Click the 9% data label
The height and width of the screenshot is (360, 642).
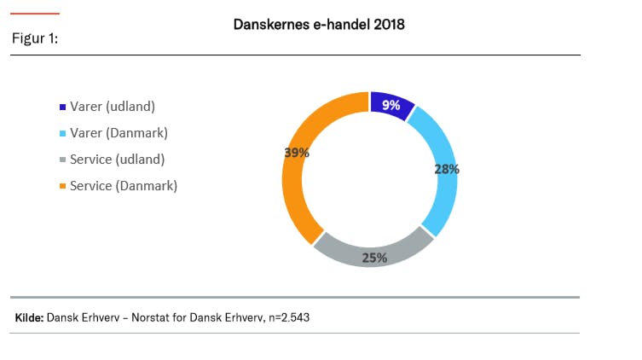coord(391,106)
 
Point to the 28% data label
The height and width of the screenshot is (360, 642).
coord(446,169)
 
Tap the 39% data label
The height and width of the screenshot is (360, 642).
coord(296,153)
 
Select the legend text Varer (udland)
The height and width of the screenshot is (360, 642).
coord(118,107)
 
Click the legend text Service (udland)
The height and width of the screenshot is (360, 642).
coord(117,159)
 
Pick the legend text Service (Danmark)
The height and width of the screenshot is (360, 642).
coord(124,185)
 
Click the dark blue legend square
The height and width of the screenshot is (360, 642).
coord(62,107)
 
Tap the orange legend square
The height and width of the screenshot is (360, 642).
coord(62,186)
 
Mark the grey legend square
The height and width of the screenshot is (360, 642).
coord(62,160)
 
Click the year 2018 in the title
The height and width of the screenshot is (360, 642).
coord(387,25)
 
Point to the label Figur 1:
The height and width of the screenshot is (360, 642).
coord(35,39)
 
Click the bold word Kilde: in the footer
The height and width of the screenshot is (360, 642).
coord(29,317)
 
